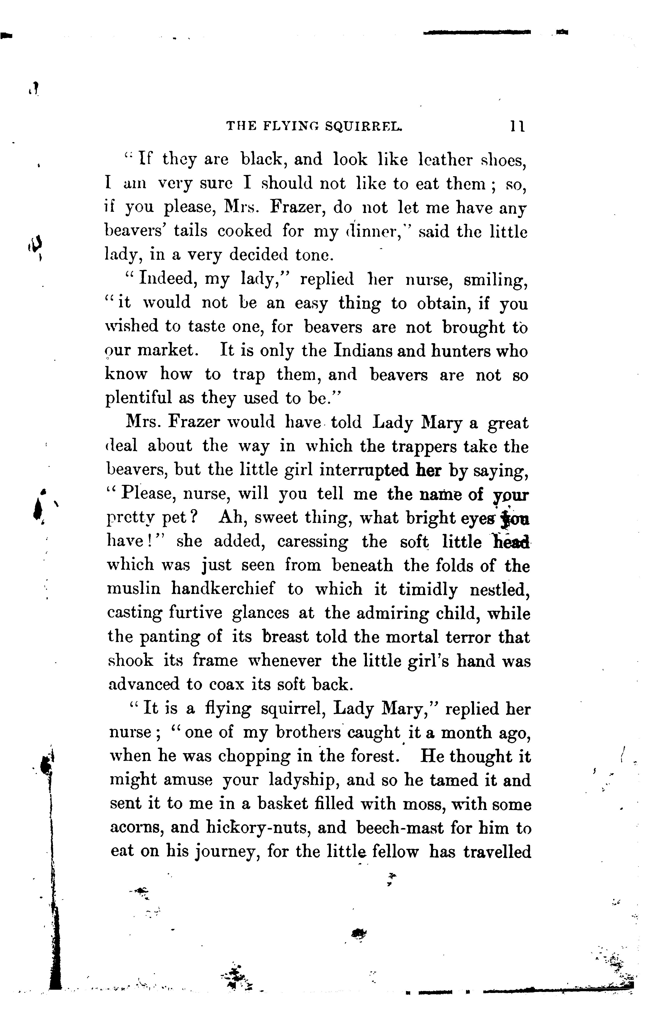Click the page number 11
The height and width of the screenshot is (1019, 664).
[517, 126]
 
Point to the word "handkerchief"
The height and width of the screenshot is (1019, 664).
[223, 589]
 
